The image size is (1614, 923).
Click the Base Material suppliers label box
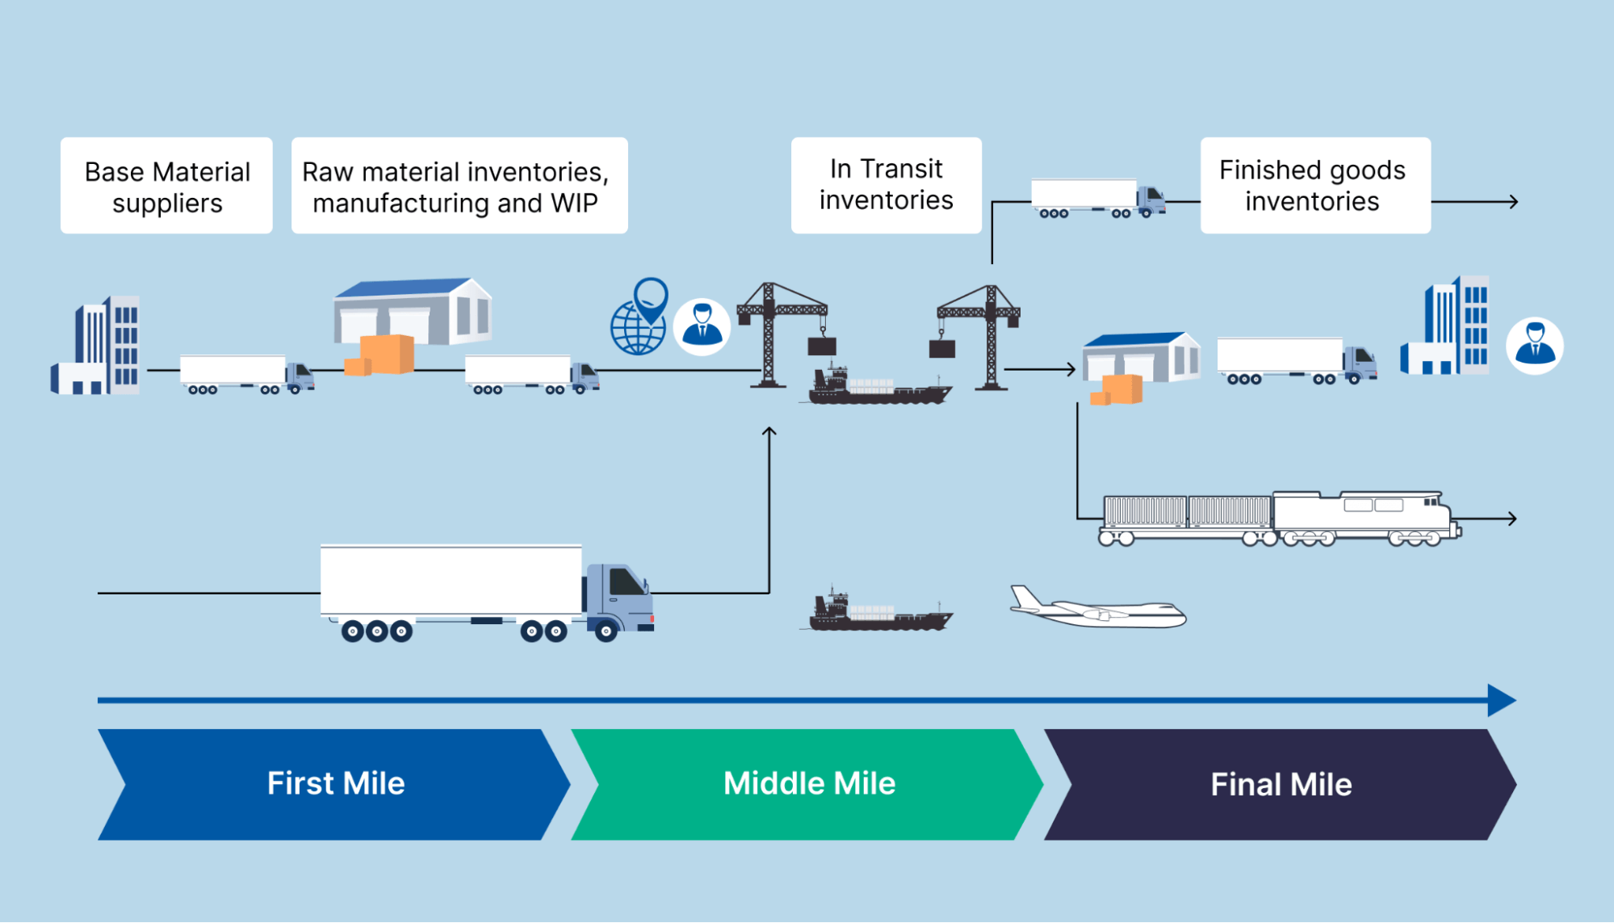click(166, 186)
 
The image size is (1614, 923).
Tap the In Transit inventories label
click(886, 185)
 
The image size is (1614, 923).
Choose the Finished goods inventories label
click(1314, 186)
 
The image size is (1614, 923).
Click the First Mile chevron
click(335, 784)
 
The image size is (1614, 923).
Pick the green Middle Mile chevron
click(809, 784)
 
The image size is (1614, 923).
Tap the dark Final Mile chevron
click(1281, 784)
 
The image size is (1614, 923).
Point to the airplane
click(1098, 609)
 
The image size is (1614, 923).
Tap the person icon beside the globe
click(702, 326)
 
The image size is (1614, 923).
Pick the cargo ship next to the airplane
click(880, 615)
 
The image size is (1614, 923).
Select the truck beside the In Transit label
click(1098, 199)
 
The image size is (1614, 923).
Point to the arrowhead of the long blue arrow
click(1502, 700)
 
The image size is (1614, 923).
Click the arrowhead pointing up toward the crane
click(769, 432)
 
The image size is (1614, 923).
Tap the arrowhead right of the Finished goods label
click(1514, 202)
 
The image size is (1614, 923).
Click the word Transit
click(902, 169)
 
